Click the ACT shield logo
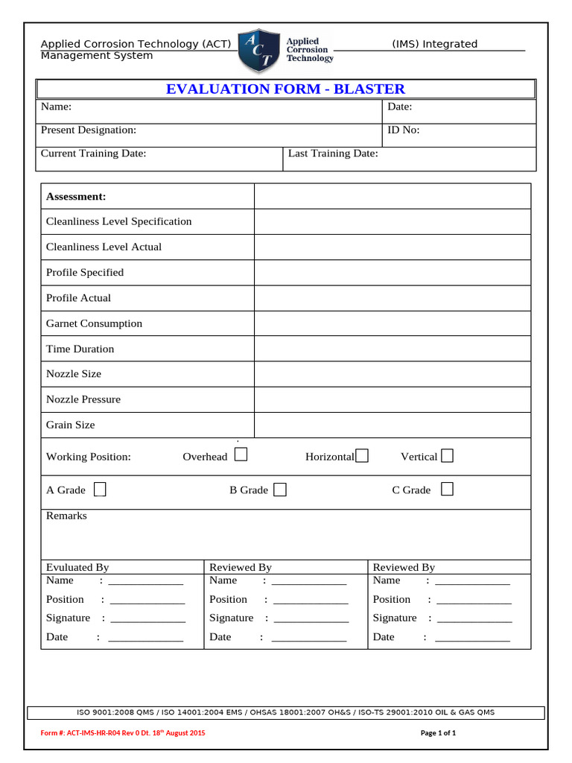(258, 51)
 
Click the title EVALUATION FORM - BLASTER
(285, 89)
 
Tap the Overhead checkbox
(241, 455)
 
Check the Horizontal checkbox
(362, 456)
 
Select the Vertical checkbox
(447, 455)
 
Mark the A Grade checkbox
(100, 489)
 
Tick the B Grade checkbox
(280, 490)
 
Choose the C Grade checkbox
(447, 489)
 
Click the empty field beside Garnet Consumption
(393, 323)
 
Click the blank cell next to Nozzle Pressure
(393, 399)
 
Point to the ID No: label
(404, 130)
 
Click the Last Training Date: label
(333, 153)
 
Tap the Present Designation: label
(89, 130)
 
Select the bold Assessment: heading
(76, 197)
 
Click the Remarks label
(66, 516)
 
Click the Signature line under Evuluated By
(147, 619)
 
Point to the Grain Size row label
(71, 425)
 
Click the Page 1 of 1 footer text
(438, 733)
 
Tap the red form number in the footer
(123, 733)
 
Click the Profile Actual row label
(78, 298)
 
